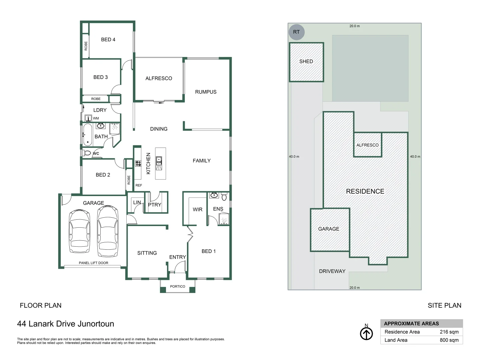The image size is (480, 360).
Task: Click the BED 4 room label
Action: (108, 40)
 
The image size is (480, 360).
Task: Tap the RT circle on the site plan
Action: (296, 32)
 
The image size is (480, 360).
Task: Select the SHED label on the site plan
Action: (306, 61)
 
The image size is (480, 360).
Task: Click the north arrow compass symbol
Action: (366, 334)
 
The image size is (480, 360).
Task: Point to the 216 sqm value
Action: (449, 332)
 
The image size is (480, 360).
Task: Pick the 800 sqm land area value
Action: (449, 340)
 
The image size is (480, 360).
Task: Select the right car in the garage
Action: (108, 231)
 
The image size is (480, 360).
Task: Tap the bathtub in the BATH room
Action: (87, 135)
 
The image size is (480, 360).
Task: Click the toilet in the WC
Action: (87, 153)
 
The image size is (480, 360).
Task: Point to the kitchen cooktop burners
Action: (138, 163)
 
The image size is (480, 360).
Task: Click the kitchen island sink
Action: (159, 161)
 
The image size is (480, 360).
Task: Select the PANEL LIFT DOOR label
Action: (93, 263)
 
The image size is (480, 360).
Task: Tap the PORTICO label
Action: (177, 287)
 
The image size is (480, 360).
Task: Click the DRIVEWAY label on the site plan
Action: (332, 271)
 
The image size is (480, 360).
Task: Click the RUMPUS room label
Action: (206, 92)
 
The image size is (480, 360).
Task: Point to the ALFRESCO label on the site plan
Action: (367, 145)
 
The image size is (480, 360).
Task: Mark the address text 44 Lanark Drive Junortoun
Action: (66, 324)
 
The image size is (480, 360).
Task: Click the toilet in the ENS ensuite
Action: (224, 197)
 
